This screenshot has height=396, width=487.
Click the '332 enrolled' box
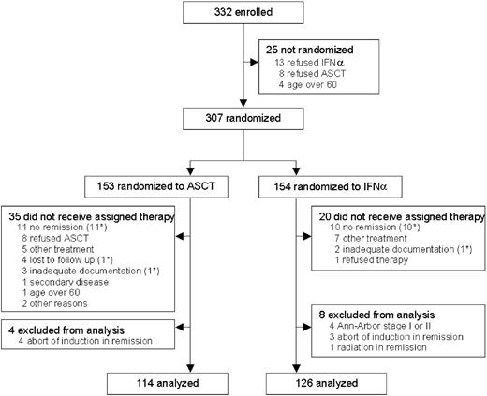pos(243,14)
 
